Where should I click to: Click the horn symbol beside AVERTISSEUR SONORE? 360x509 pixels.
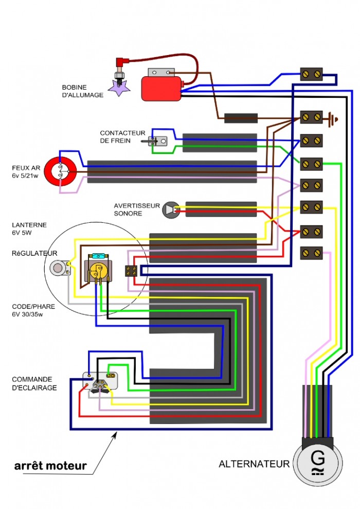[170, 209]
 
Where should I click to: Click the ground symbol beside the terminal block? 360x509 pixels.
[333, 119]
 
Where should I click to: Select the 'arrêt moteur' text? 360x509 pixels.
[50, 466]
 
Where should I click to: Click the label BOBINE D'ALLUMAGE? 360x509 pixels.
[82, 91]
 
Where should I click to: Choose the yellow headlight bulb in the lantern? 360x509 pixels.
[96, 272]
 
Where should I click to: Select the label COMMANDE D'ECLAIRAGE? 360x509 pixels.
[34, 383]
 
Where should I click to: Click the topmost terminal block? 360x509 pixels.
[311, 75]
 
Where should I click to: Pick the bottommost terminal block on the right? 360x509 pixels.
[311, 253]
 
